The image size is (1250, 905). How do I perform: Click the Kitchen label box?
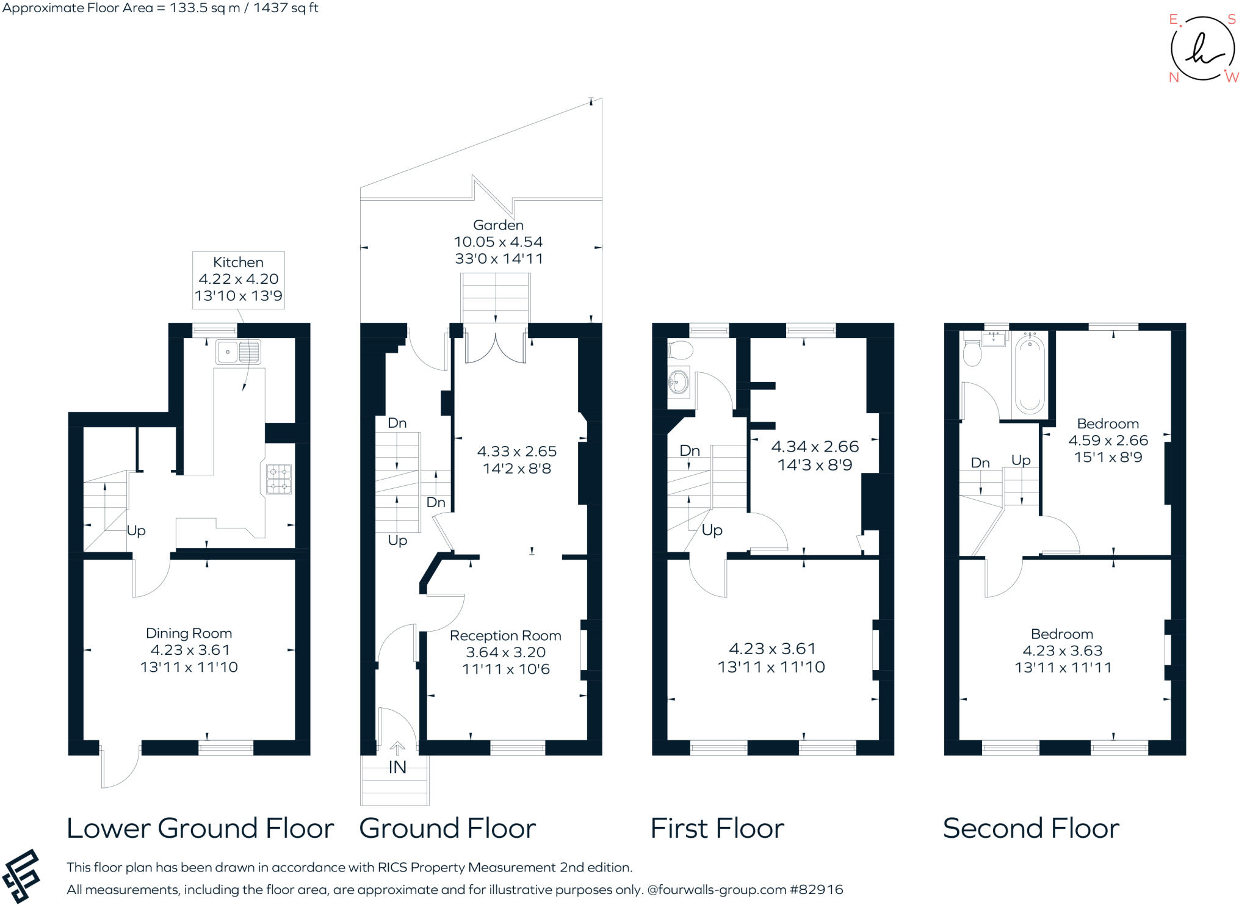pyautogui.click(x=238, y=279)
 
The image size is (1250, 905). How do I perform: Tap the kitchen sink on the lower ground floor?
pyautogui.click(x=237, y=352)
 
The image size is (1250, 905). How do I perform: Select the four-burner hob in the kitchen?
pyautogui.click(x=278, y=479)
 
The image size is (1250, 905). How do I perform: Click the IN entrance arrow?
pyautogui.click(x=397, y=748)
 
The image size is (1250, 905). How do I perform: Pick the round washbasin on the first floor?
pyautogui.click(x=678, y=384)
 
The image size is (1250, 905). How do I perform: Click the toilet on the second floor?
pyautogui.click(x=972, y=353)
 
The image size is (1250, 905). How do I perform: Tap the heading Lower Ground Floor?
pyautogui.click(x=200, y=829)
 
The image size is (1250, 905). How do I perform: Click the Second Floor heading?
pyautogui.click(x=1031, y=829)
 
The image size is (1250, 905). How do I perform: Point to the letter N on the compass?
pyautogui.click(x=1174, y=78)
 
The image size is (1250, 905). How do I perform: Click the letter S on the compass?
pyautogui.click(x=1232, y=20)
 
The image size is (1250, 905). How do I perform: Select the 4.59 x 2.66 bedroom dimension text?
pyautogui.click(x=1108, y=441)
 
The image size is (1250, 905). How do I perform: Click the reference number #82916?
pyautogui.click(x=817, y=890)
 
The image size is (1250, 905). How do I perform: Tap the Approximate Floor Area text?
pyautogui.click(x=160, y=8)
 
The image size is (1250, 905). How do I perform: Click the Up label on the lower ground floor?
pyautogui.click(x=136, y=531)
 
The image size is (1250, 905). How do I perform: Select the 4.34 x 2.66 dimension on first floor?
pyautogui.click(x=815, y=447)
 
